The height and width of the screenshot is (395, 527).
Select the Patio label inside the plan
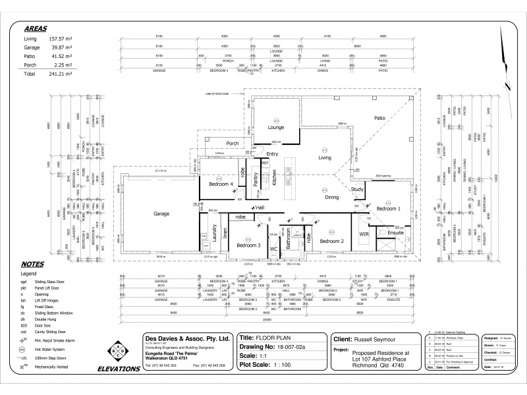click(x=379, y=118)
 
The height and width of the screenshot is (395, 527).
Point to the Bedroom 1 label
click(x=387, y=208)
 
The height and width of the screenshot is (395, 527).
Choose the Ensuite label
click(x=395, y=232)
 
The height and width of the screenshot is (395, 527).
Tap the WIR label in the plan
click(x=363, y=233)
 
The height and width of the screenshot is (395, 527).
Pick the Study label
click(x=356, y=190)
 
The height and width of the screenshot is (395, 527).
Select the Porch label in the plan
click(x=232, y=143)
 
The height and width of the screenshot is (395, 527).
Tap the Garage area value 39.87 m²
click(x=57, y=48)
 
